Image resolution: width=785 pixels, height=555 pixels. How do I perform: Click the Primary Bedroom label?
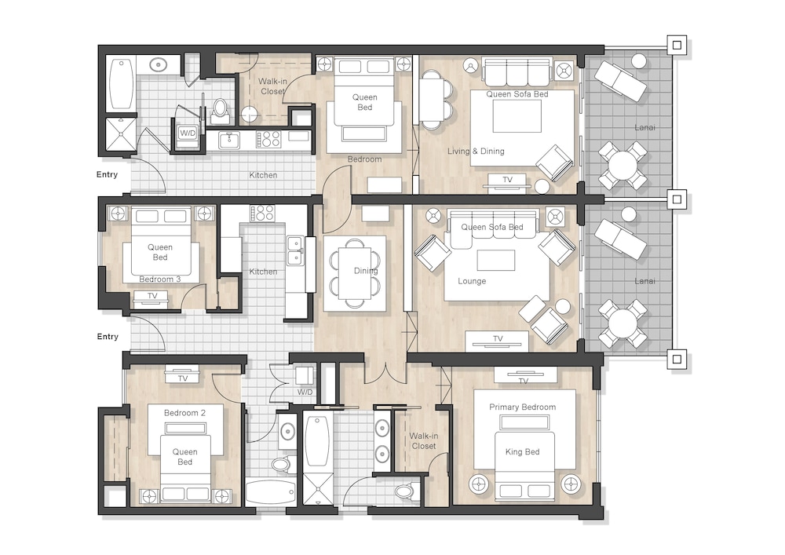[x=522, y=407]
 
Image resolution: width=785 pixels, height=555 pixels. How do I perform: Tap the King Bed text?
[x=522, y=452]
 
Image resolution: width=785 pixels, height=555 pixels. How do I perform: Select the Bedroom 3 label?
[x=159, y=279]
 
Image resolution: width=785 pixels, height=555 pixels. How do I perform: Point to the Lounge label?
[x=472, y=281]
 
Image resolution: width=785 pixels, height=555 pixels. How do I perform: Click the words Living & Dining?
[x=476, y=152]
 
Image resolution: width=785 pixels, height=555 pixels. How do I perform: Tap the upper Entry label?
[x=107, y=174]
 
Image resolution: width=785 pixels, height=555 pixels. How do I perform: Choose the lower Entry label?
[x=108, y=337]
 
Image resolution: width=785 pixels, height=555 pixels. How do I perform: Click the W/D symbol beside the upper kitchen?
[x=188, y=133]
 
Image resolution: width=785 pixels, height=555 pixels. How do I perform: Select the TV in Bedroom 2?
[x=183, y=374]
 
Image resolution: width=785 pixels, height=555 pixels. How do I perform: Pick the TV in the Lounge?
[x=497, y=341]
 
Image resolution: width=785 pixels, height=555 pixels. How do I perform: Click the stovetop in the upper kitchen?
[x=268, y=139]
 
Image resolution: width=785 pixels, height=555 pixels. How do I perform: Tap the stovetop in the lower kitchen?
[x=262, y=214]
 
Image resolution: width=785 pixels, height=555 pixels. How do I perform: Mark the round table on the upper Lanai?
[x=623, y=165]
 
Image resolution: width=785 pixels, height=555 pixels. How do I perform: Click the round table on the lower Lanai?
[x=623, y=323]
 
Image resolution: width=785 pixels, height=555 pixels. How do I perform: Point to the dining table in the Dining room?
[x=355, y=272]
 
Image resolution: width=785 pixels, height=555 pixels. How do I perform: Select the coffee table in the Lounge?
[x=495, y=261]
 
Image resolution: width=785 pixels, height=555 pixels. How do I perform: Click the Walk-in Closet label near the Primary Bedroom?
[x=424, y=441]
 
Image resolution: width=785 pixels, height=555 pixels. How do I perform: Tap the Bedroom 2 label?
[x=184, y=413]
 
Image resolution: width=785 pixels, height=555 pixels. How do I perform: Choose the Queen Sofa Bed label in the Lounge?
[x=492, y=227]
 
